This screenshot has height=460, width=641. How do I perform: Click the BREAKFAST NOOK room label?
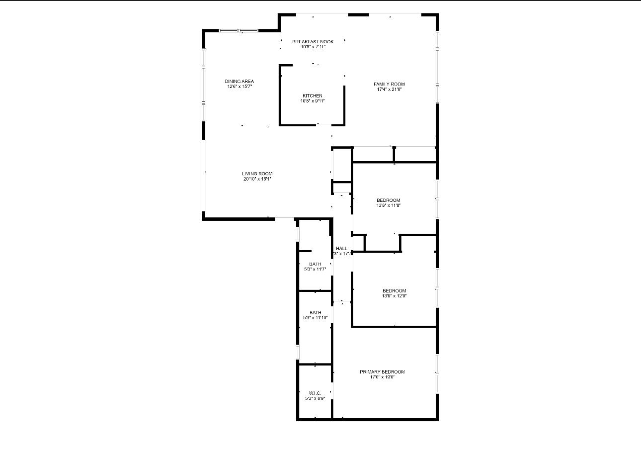tap(313, 42)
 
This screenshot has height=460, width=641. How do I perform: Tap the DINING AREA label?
tap(239, 81)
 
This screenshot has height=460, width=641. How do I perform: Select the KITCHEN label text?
tap(313, 95)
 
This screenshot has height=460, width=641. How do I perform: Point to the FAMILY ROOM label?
tap(389, 84)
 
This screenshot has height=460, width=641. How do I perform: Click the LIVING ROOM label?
tap(257, 174)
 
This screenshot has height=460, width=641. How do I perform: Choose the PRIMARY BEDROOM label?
tap(382, 371)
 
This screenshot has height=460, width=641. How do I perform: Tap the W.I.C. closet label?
tap(315, 393)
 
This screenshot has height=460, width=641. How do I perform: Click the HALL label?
tap(342, 248)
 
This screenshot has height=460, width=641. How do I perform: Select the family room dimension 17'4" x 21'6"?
tap(389, 90)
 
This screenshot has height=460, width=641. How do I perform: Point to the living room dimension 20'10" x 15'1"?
tap(257, 179)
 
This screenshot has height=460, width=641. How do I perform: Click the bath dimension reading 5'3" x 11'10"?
tap(315, 318)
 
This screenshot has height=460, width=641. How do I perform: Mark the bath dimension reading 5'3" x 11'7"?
tap(315, 269)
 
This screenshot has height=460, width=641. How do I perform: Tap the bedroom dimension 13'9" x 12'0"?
tap(394, 296)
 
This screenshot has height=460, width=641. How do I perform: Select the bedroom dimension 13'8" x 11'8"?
tap(388, 205)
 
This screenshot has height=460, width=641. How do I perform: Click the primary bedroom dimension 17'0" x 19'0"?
tap(382, 377)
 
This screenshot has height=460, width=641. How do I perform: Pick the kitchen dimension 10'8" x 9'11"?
tap(313, 101)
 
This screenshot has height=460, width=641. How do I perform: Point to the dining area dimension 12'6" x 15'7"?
tap(240, 87)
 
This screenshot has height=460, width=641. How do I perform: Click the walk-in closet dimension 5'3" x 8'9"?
tap(315, 398)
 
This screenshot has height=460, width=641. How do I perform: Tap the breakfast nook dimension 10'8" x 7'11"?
tap(313, 47)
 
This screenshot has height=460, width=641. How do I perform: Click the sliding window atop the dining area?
tap(239, 31)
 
